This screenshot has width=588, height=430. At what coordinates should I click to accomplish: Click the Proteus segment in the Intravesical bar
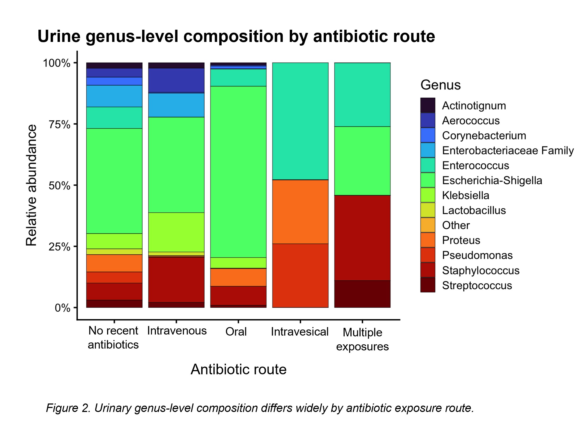[x=300, y=212]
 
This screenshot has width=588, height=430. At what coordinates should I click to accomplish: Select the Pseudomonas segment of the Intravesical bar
[x=300, y=276]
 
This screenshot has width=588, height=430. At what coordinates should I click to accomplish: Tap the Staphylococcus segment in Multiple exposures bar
[x=362, y=238]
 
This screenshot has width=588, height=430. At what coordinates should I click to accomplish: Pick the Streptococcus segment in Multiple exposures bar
[x=362, y=294]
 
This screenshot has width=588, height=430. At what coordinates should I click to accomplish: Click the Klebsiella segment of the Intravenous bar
[x=176, y=232]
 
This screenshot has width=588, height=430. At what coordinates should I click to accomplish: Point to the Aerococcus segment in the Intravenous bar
[x=176, y=80]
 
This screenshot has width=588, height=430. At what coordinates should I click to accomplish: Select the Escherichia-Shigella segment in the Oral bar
[x=238, y=172]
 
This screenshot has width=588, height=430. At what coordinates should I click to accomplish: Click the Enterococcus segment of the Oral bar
[x=238, y=78]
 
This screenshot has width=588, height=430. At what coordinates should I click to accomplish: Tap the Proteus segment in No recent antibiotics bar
[x=114, y=263]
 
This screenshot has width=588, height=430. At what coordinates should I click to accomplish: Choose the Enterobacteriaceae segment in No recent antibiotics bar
[x=114, y=96]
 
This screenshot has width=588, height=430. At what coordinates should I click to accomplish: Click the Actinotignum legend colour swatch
[x=428, y=105]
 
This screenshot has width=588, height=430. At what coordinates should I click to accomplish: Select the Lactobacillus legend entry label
[x=474, y=210]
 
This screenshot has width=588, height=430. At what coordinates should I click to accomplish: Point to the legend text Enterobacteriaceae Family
[x=508, y=150]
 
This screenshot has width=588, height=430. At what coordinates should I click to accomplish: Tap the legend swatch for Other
[x=428, y=225]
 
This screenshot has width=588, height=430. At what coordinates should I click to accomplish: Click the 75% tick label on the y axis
[x=60, y=124]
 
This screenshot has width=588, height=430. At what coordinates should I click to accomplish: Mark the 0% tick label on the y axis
[x=63, y=308]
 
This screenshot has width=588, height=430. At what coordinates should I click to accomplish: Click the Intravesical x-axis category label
[x=300, y=332]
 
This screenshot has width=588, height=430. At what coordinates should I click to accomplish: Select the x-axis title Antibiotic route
[x=239, y=369]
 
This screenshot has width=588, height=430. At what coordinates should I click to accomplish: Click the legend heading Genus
[x=441, y=85]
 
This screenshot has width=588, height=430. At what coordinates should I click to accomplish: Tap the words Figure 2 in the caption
[x=68, y=408]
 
